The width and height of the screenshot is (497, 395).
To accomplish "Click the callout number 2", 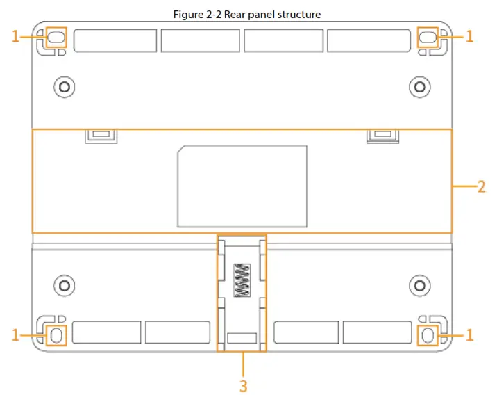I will click(x=481, y=186).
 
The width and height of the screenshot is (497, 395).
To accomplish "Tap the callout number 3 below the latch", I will click(x=243, y=385).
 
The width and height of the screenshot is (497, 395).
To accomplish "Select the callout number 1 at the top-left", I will click(x=16, y=37).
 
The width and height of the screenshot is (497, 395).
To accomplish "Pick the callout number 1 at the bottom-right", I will click(x=469, y=334).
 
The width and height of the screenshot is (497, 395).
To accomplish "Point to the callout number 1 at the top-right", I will click(x=469, y=37).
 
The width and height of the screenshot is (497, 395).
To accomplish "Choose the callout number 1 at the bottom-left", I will click(x=16, y=334).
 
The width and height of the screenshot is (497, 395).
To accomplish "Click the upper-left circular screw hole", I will click(x=64, y=86).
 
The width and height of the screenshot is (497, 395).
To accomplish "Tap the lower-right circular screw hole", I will click(x=419, y=284).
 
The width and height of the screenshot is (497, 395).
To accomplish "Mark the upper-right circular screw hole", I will click(x=419, y=86).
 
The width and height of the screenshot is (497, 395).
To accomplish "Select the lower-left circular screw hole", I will click(x=64, y=284).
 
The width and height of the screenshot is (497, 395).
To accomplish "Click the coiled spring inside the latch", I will click(x=242, y=280).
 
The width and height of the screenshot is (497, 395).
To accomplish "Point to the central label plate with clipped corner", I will click(x=242, y=186).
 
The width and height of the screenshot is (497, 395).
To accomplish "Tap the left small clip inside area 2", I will click(x=101, y=135).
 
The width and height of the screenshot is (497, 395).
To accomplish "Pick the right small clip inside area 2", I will click(x=382, y=135).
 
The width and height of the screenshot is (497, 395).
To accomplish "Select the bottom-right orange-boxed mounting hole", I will click(x=428, y=334).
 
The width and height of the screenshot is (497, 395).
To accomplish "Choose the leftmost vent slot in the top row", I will click(x=115, y=40).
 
